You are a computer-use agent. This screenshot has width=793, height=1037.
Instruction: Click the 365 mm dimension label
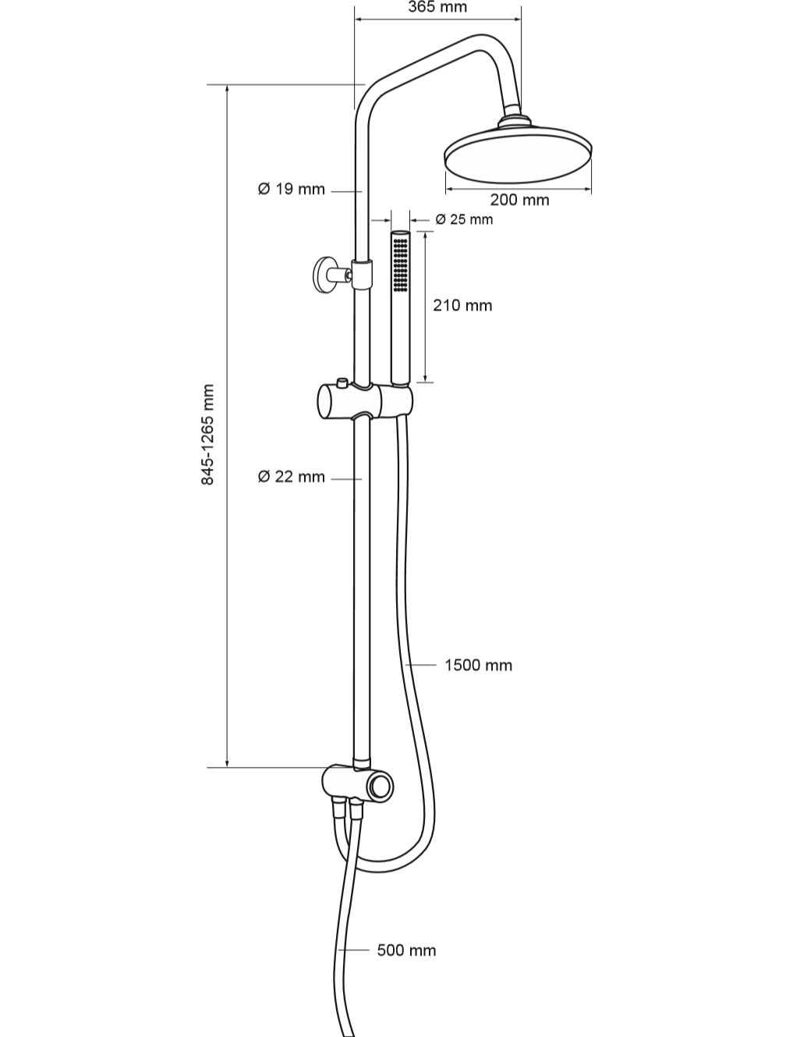pos(437,7)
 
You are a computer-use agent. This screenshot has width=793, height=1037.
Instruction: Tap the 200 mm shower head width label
pos(519,200)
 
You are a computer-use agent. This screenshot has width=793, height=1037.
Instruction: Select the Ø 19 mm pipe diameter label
pos(292,189)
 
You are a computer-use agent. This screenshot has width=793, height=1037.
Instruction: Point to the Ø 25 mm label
pos(464,219)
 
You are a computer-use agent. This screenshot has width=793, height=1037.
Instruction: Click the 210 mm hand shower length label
pos(462,305)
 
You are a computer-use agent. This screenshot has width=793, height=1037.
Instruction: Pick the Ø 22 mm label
pos(292,476)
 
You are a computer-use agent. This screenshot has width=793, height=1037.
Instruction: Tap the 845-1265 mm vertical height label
pos(207,434)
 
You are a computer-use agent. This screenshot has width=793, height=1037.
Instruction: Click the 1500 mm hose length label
pos(478,665)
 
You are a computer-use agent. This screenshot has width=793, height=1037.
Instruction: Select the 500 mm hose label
pos(406,950)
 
